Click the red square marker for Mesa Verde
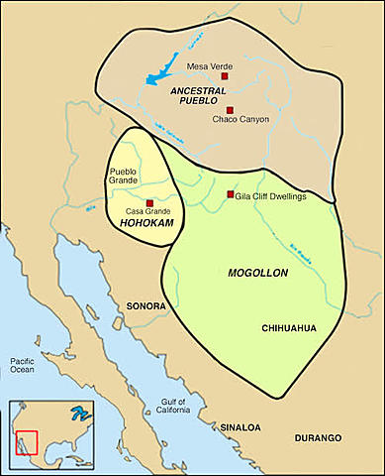pos(225,76)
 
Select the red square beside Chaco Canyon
pos(229,110)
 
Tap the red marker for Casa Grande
pos(149,203)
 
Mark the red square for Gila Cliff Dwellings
pos(230,194)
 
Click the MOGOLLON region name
pos(256,270)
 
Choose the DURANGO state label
pos(317,437)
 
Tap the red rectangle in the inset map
pos(28,441)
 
